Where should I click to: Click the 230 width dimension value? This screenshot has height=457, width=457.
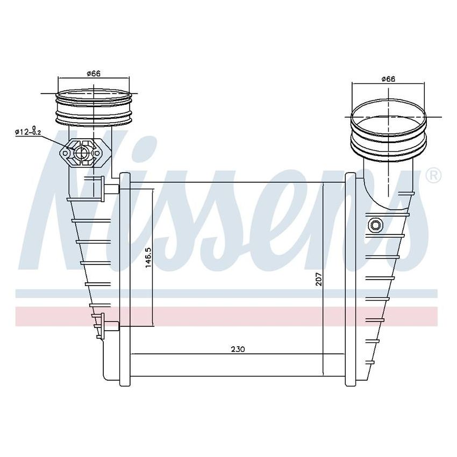point(238,349)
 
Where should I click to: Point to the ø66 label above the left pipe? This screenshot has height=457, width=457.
point(94,74)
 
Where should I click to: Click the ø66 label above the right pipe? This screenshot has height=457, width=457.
point(388,79)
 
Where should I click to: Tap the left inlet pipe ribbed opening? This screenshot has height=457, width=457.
point(94,105)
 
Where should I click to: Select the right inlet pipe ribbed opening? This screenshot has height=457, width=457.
point(388,129)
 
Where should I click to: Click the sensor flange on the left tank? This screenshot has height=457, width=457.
point(82,154)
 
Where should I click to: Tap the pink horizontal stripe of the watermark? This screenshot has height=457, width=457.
point(226,316)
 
